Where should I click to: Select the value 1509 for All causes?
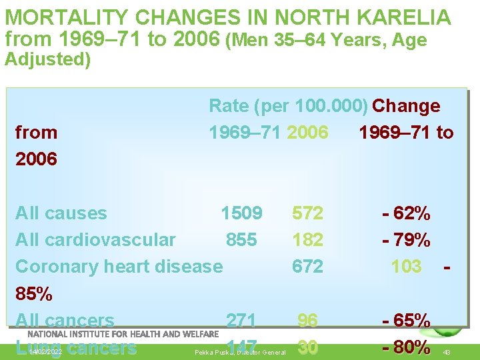(x=241, y=213)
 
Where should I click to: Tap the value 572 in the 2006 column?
(x=307, y=213)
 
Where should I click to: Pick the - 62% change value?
(x=406, y=214)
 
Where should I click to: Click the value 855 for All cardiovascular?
(x=241, y=240)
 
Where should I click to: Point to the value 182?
(x=307, y=240)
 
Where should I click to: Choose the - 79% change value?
(x=406, y=240)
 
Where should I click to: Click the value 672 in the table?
(x=307, y=267)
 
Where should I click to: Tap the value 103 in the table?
(x=406, y=267)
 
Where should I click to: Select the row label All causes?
(x=61, y=213)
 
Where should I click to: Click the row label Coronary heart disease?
(x=119, y=267)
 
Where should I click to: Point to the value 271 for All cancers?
(x=241, y=321)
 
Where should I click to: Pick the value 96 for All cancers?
(x=307, y=321)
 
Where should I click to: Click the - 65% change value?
(x=406, y=321)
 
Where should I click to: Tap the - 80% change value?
(x=406, y=347)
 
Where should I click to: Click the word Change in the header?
(x=406, y=106)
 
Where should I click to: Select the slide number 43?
(x=447, y=352)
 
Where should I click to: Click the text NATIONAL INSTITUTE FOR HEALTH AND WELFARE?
(x=123, y=333)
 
